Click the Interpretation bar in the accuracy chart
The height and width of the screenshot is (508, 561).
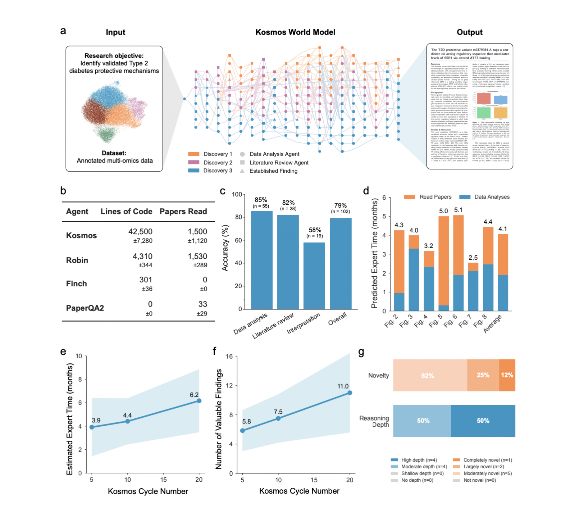314,276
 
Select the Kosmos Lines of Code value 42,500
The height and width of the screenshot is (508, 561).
140,232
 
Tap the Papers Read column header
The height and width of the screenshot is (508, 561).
183,212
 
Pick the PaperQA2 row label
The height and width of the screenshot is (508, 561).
85,308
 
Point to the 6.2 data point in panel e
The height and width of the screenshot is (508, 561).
199,401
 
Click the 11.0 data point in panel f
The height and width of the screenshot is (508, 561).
350,393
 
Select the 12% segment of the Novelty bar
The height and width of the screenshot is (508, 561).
507,375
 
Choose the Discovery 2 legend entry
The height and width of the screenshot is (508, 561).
210,163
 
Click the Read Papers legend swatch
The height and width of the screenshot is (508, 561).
410,197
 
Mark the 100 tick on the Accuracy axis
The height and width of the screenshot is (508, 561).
237,195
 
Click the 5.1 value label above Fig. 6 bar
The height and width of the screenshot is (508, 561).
458,210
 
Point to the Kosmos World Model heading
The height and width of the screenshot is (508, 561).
295,32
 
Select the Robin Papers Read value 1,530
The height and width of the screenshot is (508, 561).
197,257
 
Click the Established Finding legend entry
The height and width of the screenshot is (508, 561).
270,171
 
